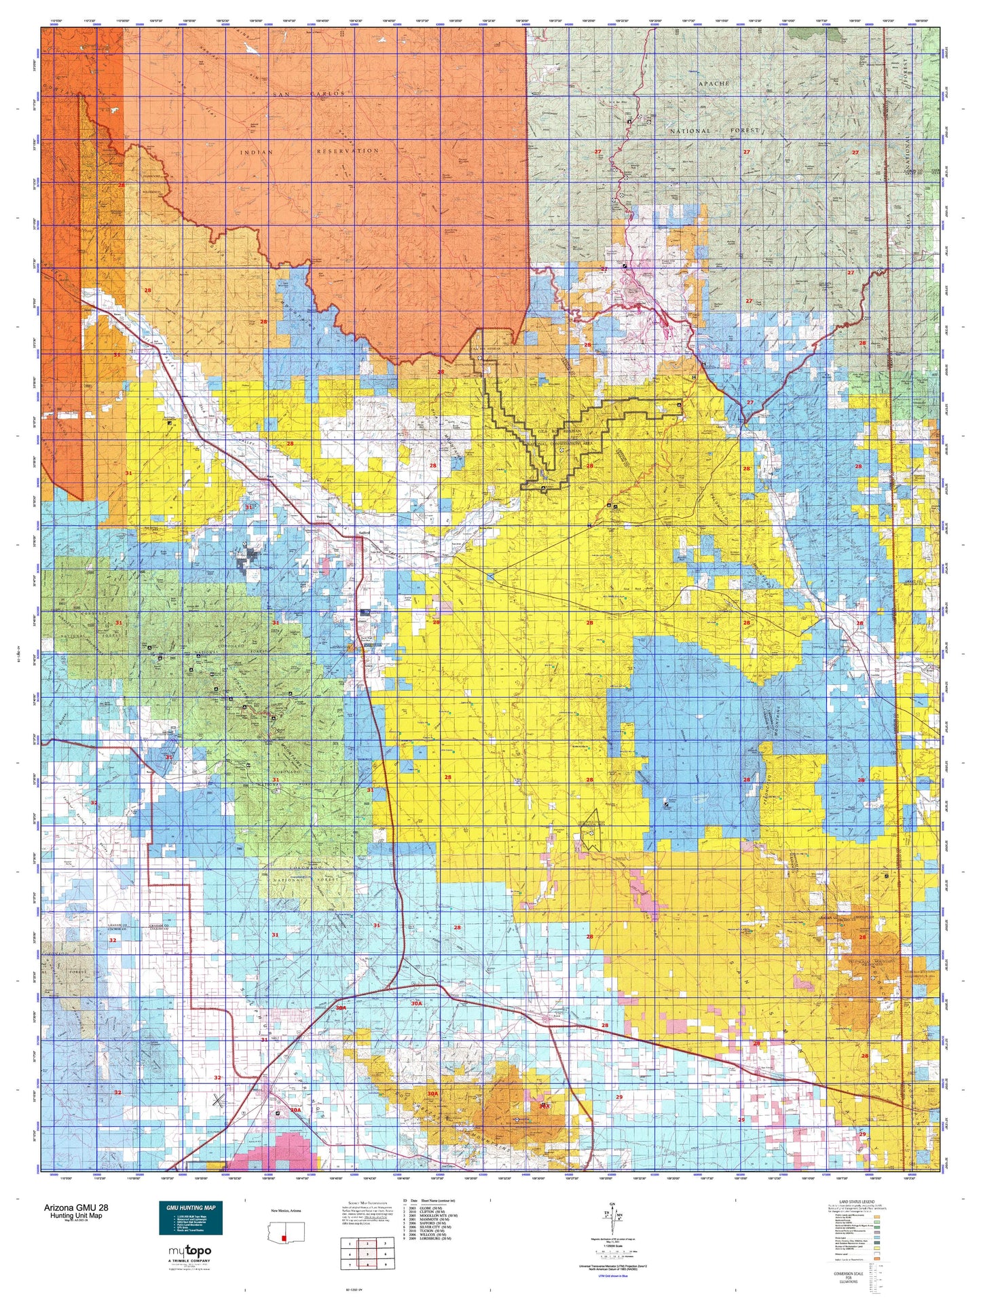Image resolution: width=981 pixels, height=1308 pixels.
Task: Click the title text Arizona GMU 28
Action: click(75, 1208)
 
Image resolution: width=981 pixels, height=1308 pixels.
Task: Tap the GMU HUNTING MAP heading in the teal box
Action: click(190, 1208)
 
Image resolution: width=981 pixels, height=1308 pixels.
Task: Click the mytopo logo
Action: click(189, 1251)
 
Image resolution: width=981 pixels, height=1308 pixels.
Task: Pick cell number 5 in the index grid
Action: click(367, 1254)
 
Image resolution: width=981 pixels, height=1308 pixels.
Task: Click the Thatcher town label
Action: click(322, 517)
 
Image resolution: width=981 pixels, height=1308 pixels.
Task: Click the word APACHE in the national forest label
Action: click(713, 83)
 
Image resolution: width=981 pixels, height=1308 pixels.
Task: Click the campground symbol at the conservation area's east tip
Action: click(680, 405)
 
